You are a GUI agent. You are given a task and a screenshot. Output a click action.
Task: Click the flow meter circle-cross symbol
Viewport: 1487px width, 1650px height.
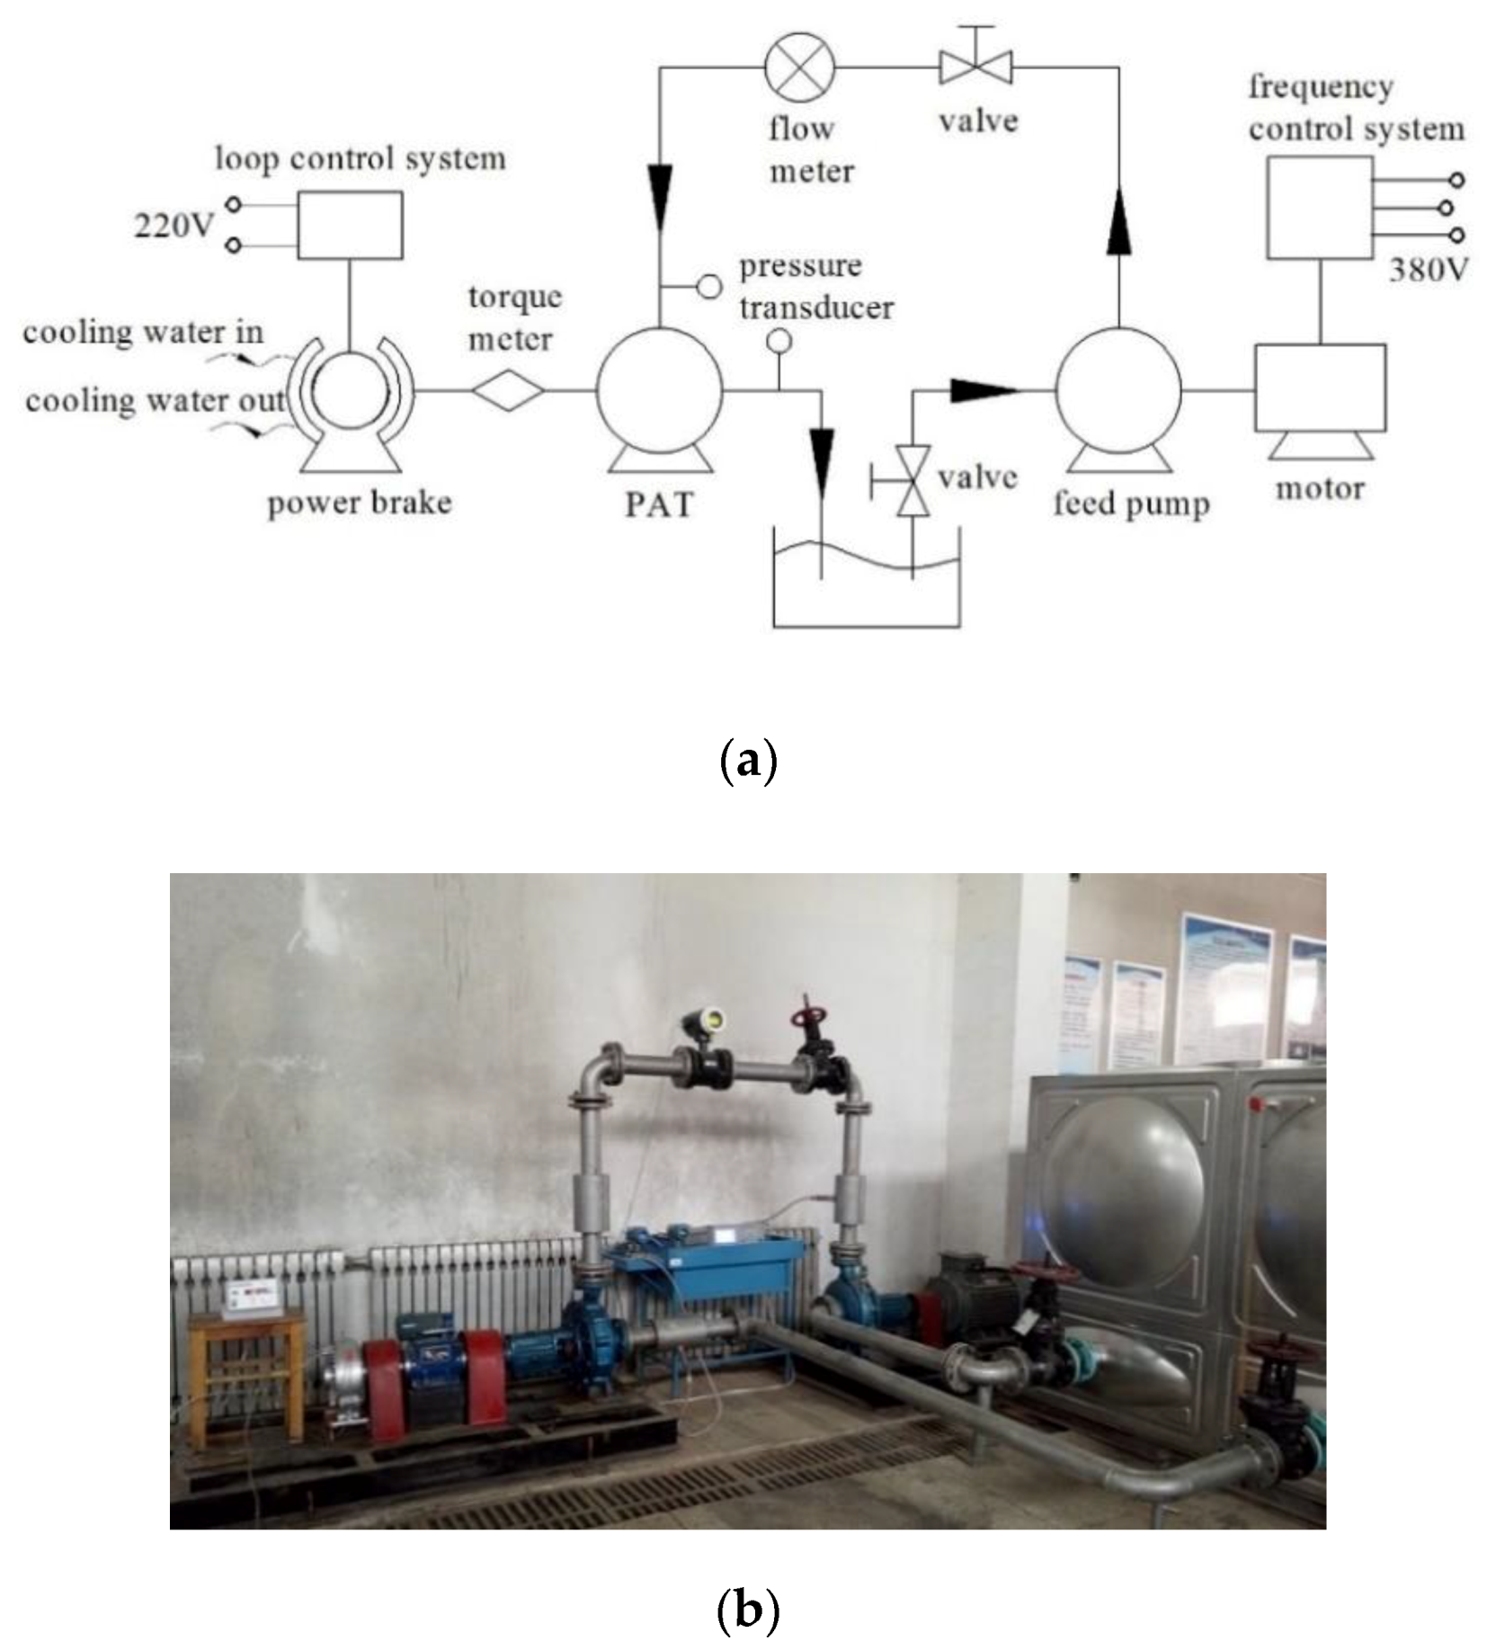(x=799, y=67)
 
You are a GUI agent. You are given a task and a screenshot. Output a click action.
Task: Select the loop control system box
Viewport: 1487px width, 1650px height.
(x=350, y=225)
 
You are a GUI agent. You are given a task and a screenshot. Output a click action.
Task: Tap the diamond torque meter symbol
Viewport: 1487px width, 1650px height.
(x=509, y=390)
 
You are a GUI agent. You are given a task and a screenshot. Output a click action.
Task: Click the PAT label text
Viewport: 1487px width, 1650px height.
(x=659, y=504)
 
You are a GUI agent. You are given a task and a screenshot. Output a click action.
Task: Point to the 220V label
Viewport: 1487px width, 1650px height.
(x=174, y=225)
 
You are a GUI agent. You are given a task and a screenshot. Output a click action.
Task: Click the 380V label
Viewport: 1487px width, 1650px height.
(x=1428, y=269)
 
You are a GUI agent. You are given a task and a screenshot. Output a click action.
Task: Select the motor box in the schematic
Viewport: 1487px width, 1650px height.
(x=1319, y=388)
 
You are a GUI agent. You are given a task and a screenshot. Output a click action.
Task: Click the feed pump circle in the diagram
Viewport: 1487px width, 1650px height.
(x=1117, y=389)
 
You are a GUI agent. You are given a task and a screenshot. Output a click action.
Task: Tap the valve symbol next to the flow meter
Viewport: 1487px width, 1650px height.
(x=975, y=65)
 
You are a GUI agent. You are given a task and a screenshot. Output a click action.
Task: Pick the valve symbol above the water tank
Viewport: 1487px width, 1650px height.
(x=913, y=480)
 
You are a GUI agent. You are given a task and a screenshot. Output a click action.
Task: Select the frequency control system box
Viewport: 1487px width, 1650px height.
(x=1319, y=208)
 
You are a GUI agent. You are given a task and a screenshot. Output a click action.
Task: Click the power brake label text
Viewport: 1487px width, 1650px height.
(x=359, y=503)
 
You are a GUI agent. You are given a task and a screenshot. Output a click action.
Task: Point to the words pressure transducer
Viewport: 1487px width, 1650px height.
(x=815, y=287)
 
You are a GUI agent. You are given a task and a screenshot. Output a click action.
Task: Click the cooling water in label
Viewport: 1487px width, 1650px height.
(x=143, y=332)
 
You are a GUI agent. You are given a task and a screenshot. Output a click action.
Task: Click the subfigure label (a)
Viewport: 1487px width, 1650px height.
(x=747, y=761)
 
